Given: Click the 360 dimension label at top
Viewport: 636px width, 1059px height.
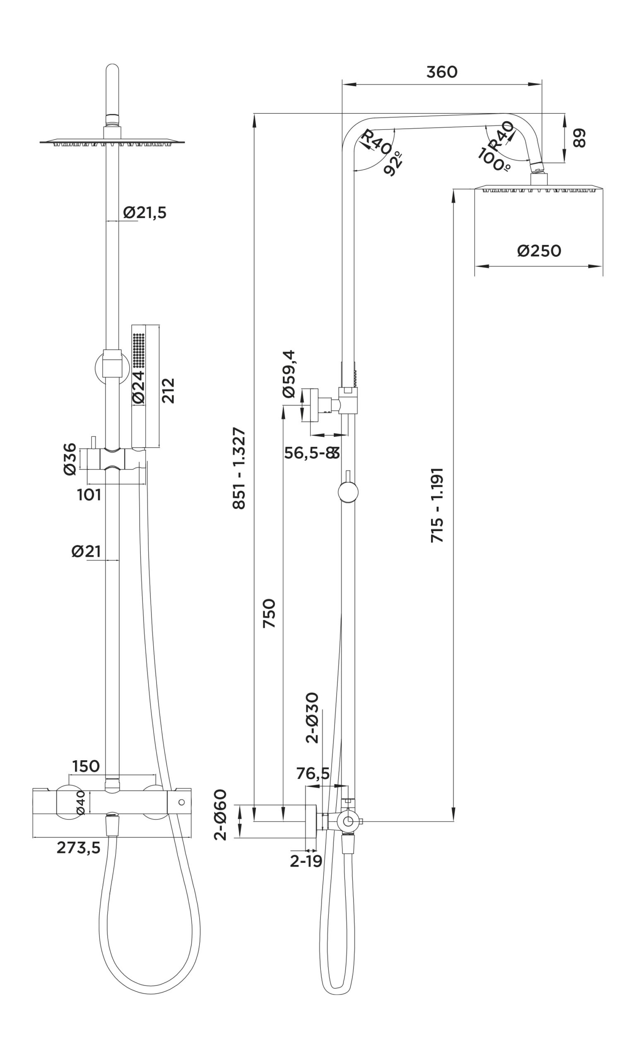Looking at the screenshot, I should click(442, 72).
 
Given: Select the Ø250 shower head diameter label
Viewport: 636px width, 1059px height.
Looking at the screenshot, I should click(539, 251).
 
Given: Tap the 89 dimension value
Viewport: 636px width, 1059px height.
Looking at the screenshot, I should click(579, 138).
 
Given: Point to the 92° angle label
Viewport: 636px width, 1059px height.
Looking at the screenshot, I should click(394, 163).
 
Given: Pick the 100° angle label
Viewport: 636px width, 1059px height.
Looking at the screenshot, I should click(494, 160).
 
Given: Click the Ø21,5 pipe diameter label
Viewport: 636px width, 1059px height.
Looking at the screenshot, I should click(145, 213).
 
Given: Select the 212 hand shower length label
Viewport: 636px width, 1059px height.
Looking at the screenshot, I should click(168, 390).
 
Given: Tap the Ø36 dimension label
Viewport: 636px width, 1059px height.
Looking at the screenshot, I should click(70, 459).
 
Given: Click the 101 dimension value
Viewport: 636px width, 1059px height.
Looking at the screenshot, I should click(89, 495).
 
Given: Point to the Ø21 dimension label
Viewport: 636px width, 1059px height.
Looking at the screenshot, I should click(86, 551).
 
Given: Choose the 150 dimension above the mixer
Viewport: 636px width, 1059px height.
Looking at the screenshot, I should click(86, 766).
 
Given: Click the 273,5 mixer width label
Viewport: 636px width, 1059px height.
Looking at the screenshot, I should click(78, 848).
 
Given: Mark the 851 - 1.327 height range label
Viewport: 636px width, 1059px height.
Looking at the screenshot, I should click(239, 468).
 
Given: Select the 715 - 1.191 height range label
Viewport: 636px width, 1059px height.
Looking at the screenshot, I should click(437, 506).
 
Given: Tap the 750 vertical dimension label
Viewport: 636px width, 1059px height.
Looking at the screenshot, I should click(269, 613).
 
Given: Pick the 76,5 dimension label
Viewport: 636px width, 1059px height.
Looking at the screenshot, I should click(313, 774).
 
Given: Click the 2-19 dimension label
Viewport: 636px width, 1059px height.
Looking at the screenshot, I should click(306, 861).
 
